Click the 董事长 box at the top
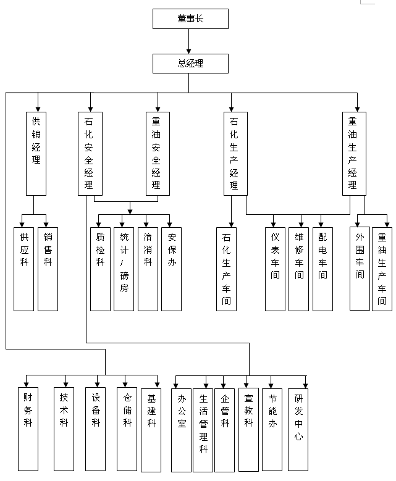point(190,19)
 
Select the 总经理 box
point(190,64)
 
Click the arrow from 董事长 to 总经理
point(190,41)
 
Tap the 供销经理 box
point(36,153)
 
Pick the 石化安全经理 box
point(90,153)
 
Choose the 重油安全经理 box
point(157,153)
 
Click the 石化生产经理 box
point(235,153)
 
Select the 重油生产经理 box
point(353,153)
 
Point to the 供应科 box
point(24,269)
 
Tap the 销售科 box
point(48,269)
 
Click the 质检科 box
point(101,269)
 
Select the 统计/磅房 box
point(124,269)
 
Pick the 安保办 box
point(172,269)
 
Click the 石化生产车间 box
point(227,269)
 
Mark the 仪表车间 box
point(275,269)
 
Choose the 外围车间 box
point(360,269)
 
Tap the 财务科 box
point(28,429)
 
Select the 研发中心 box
point(298,429)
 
